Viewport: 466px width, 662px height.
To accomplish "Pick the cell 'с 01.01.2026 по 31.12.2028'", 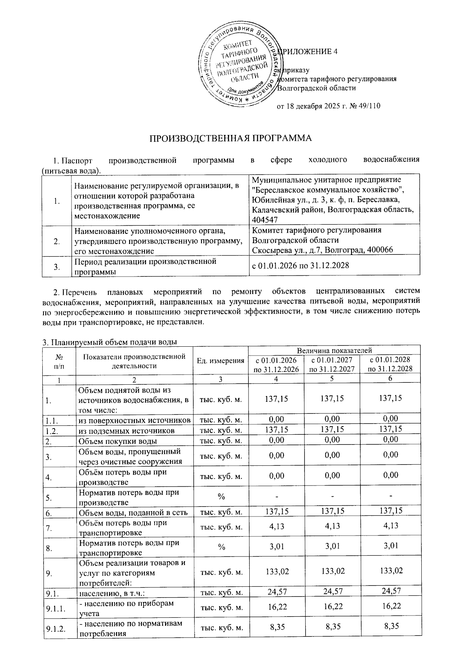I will point(301,266).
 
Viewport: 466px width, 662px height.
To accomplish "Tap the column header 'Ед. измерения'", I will point(220,361).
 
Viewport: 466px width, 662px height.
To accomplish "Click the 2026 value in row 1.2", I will point(276,429).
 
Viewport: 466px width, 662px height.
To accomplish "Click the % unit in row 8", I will point(221,547).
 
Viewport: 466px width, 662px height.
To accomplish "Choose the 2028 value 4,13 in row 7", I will point(390,526).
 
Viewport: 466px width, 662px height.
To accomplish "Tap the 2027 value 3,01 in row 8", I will point(332,547).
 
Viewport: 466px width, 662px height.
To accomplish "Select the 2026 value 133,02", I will point(276,571).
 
